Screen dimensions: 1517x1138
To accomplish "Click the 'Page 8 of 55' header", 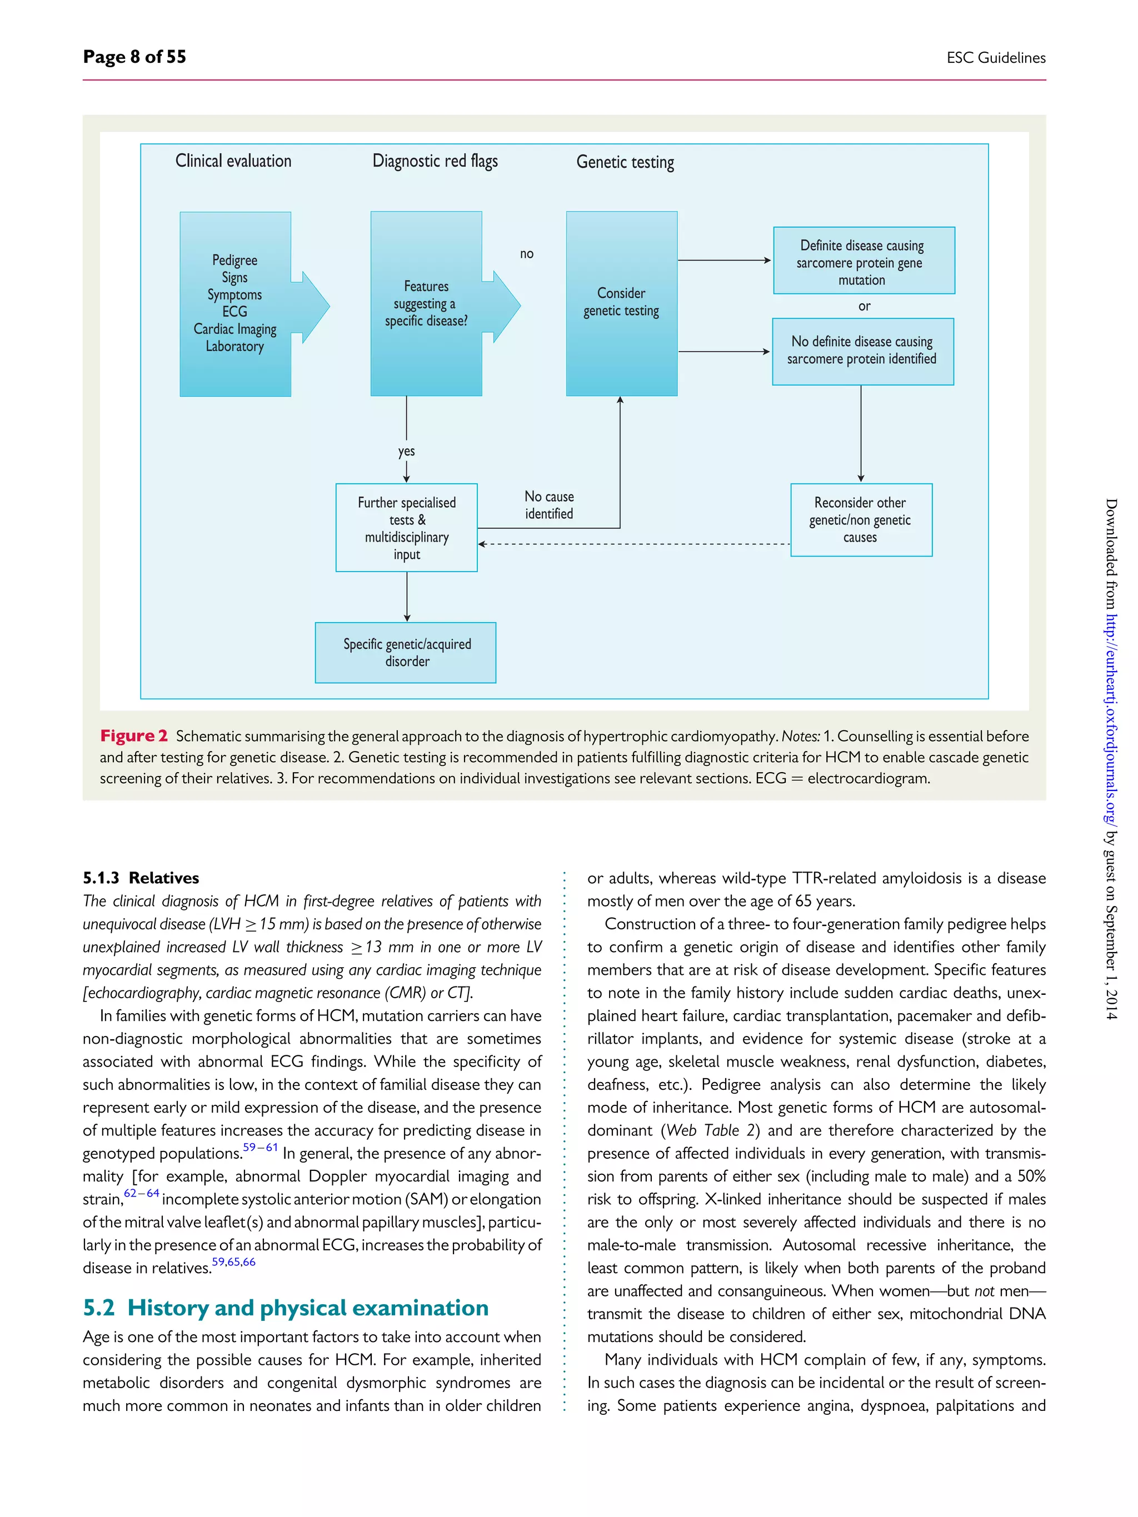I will click(x=134, y=56).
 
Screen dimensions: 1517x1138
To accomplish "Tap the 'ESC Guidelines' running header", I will click(x=995, y=58).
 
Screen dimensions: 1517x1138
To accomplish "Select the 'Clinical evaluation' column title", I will click(x=233, y=161).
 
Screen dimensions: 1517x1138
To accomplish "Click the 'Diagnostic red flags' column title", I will click(x=435, y=161).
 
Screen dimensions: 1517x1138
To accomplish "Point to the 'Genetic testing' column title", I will click(x=625, y=163).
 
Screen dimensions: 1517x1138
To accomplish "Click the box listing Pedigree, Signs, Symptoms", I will click(x=235, y=304).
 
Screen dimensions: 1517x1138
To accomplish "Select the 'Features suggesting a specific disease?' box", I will click(x=426, y=304).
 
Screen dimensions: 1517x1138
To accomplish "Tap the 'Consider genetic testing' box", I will click(x=621, y=303).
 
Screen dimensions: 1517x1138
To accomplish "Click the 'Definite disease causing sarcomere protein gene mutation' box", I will click(x=863, y=261).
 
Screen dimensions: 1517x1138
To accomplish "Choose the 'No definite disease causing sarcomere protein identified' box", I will click(x=862, y=351).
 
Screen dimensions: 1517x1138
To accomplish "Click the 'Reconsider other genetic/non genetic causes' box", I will click(x=861, y=520).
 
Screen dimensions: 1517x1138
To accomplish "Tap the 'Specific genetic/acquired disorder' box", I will click(x=406, y=652).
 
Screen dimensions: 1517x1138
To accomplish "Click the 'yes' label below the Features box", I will click(x=406, y=451).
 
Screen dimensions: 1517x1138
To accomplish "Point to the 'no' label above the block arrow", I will click(x=526, y=254).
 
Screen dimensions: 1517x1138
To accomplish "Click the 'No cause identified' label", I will click(x=549, y=505).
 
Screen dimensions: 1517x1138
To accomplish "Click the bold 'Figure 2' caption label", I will click(x=134, y=736).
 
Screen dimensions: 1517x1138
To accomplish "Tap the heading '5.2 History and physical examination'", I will click(x=286, y=1308).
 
